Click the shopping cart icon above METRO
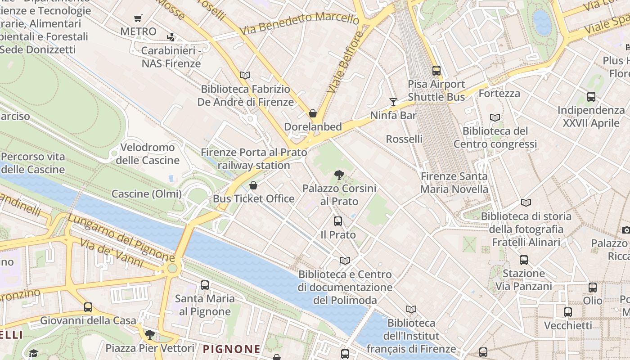coord(138,18)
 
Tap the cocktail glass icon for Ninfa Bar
coord(393,102)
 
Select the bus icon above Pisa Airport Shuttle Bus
coord(436,71)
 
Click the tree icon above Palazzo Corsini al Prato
coord(339,175)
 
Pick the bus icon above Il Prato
coord(338,221)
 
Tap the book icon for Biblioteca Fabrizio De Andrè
coord(245,75)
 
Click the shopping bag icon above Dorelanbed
coord(312,113)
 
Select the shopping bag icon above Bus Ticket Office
coord(253,185)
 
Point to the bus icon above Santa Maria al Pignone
coord(205,285)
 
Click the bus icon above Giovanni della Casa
coord(88,307)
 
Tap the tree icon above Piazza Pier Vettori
coord(149,335)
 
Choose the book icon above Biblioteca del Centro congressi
coord(495,118)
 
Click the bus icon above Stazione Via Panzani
coord(523,260)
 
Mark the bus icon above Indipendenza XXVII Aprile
coord(591,97)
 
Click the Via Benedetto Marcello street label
coord(299,23)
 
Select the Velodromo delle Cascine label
coord(148,154)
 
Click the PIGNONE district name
coord(232,349)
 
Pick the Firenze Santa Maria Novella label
coord(454,183)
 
